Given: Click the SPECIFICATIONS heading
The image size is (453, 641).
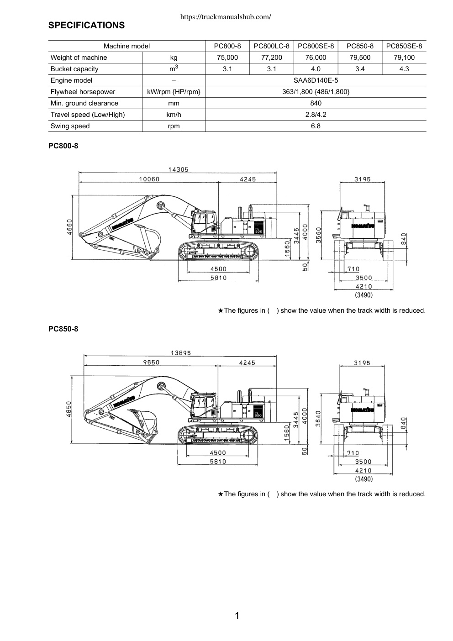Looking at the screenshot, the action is coord(86,25).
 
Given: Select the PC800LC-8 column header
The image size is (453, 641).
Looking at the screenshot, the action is coord(272,46).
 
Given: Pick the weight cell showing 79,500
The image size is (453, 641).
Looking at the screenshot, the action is coord(360,58).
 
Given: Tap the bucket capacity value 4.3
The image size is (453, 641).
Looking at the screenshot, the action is coord(404,69).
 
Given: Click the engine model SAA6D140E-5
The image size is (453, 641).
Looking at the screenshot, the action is coord(316,80).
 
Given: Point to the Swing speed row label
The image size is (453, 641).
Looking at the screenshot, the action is coord(70,126).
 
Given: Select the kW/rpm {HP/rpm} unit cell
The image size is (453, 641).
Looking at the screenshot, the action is coord(174,92).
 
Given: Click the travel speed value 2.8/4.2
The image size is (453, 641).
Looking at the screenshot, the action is coord(316,115).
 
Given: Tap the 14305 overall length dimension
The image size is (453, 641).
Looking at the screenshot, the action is coord(178,170).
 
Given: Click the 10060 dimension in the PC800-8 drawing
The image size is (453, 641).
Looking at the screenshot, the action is coord(149,179).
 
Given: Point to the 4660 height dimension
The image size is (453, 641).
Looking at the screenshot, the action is coord(69,227).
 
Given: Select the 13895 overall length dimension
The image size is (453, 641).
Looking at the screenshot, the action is coord(181,353).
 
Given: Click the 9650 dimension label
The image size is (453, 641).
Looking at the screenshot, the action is coord(152,363).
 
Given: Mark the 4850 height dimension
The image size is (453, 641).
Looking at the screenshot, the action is coord(68,409).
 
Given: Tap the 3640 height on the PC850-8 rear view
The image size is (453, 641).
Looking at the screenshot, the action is coord(318,419).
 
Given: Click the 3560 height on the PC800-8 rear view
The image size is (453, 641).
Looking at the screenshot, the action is coord(318,235).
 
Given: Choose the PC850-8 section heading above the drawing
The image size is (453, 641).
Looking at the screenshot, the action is coord(63,329).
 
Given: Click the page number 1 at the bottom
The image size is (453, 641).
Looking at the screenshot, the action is coord(237,616).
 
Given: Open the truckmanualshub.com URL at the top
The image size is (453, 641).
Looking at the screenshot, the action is coord(226,17).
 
